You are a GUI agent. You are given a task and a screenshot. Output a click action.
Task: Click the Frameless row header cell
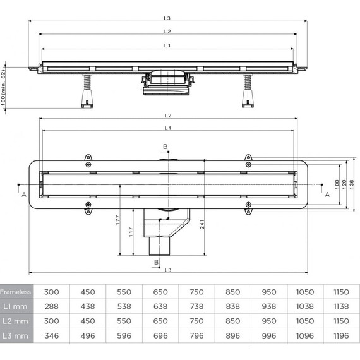(17, 292)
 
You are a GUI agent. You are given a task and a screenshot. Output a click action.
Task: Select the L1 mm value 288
(52, 306)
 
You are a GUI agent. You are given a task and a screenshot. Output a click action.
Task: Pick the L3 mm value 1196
(341, 335)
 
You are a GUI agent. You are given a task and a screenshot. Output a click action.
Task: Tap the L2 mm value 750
(197, 321)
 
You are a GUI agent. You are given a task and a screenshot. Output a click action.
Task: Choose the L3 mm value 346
(52, 335)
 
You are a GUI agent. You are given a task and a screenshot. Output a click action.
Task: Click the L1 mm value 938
(269, 306)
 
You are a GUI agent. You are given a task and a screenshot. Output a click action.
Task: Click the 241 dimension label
(202, 224)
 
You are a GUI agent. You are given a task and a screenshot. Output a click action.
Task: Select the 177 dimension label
(117, 220)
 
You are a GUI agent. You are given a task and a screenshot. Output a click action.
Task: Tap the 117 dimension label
(131, 232)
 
